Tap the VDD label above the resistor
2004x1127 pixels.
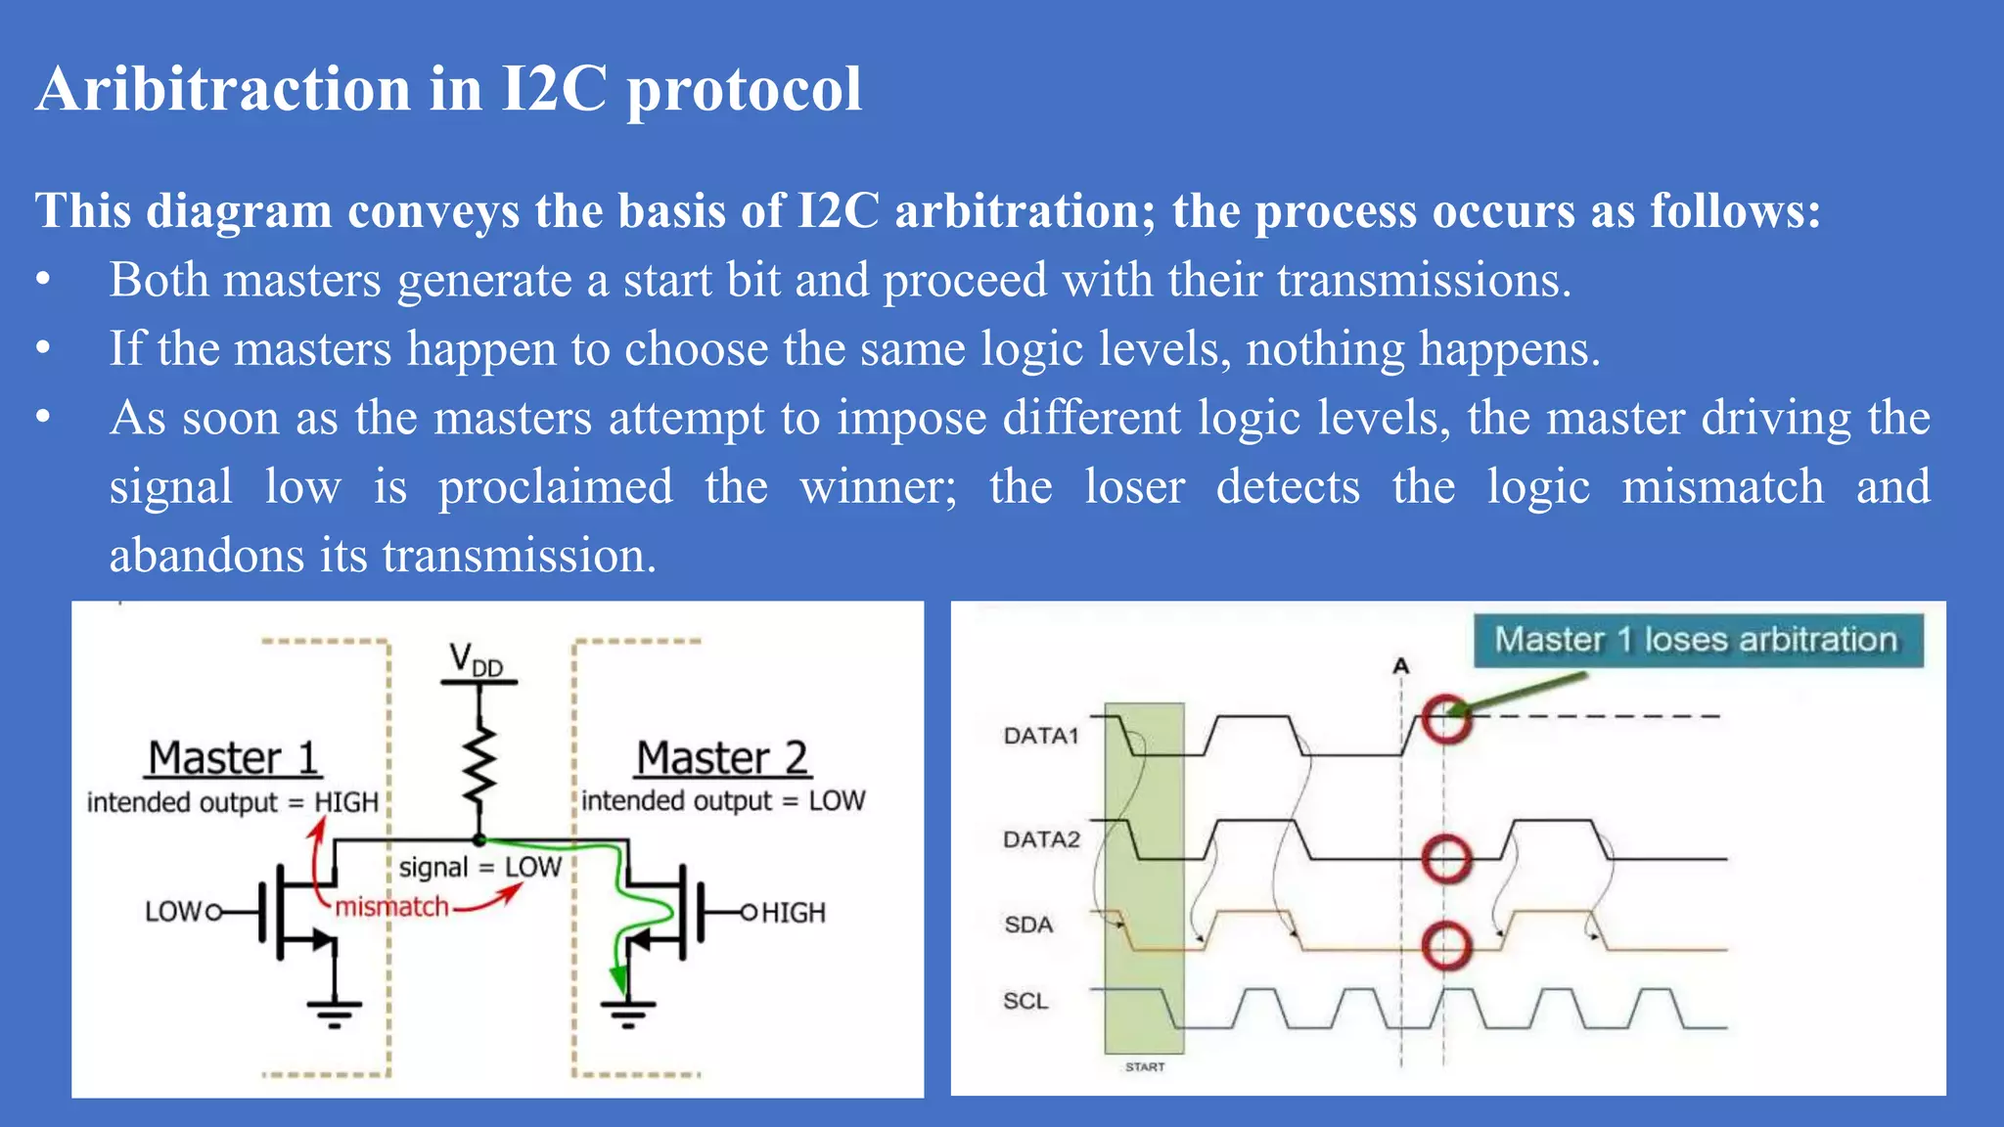click(x=476, y=660)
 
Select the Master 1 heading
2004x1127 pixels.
click(x=233, y=758)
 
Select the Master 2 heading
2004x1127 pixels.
click(x=722, y=758)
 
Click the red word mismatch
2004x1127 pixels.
click(x=391, y=907)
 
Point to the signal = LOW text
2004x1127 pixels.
click(x=479, y=867)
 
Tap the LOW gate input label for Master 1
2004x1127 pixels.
click(x=172, y=912)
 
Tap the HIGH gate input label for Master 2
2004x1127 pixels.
click(x=793, y=913)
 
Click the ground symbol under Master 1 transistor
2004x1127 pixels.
click(x=334, y=1014)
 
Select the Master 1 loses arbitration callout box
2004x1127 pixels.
click(x=1698, y=641)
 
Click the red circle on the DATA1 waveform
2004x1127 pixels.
click(x=1446, y=719)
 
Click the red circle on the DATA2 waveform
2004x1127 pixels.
click(x=1446, y=859)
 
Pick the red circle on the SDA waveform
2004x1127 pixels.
click(x=1446, y=946)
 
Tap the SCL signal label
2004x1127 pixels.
click(x=1025, y=1001)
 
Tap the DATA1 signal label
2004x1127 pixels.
click(x=1040, y=736)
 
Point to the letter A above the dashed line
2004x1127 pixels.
click(x=1400, y=666)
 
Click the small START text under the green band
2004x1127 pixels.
click(x=1145, y=1066)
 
